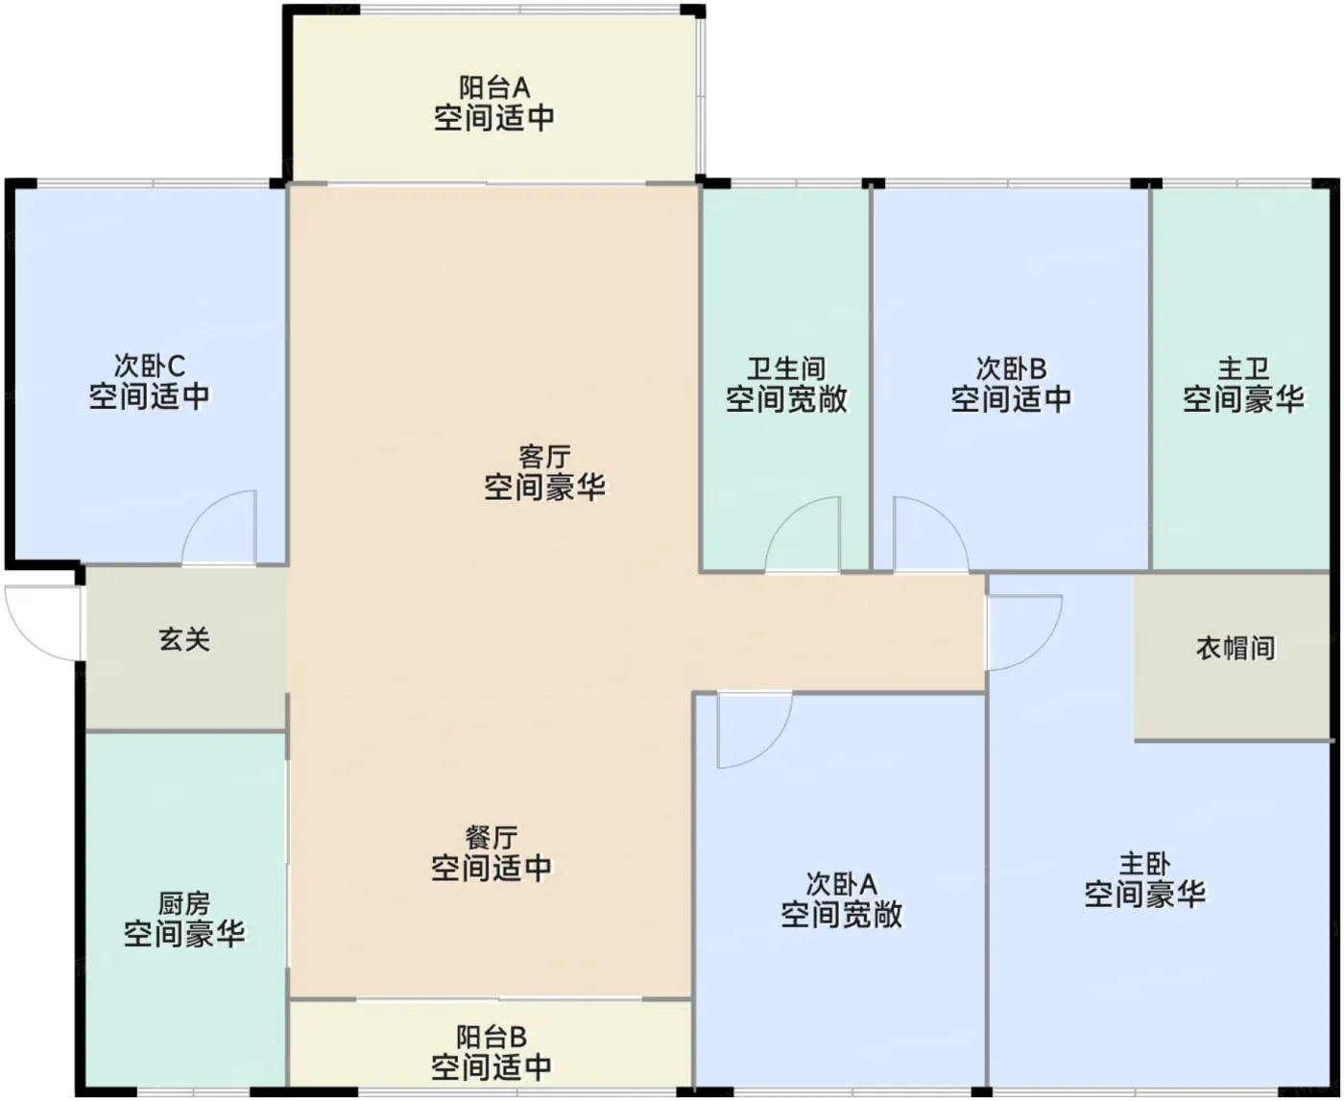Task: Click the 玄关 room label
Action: (x=184, y=639)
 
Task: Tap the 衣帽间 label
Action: (x=1236, y=649)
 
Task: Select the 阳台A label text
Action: (x=494, y=87)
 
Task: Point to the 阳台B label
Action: (x=492, y=1038)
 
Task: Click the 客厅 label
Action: (x=544, y=457)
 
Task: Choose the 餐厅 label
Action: (x=492, y=838)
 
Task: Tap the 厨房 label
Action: (x=184, y=903)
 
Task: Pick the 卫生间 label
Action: (x=786, y=369)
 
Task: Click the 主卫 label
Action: (x=1243, y=369)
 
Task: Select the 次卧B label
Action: (x=1011, y=369)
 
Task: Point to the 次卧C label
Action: (x=150, y=367)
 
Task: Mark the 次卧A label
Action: (x=842, y=884)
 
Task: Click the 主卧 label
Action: (x=1145, y=864)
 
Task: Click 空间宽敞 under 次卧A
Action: (x=842, y=915)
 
